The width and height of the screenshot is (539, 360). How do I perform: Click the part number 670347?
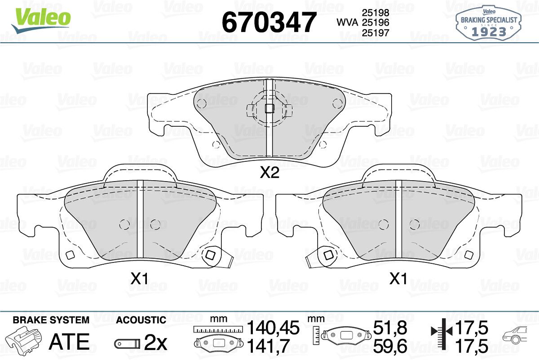click(269, 22)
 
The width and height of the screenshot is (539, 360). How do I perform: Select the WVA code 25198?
click(376, 13)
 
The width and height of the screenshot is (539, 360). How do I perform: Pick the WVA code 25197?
click(376, 33)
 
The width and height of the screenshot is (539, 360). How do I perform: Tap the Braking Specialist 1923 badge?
click(489, 23)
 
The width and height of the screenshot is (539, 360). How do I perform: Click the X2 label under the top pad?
click(269, 173)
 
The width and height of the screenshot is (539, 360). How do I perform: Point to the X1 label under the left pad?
click(139, 279)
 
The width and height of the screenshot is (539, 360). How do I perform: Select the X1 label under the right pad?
click(398, 279)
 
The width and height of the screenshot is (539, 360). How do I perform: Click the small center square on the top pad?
click(269, 109)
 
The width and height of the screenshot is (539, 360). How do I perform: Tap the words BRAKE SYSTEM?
click(51, 320)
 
